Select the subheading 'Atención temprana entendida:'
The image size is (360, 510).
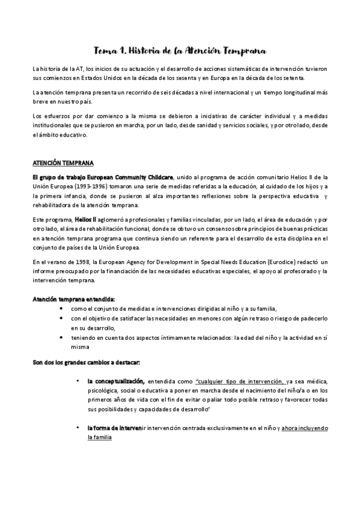73,298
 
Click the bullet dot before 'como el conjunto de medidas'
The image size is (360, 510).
64,308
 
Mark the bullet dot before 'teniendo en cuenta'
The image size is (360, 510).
64,337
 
